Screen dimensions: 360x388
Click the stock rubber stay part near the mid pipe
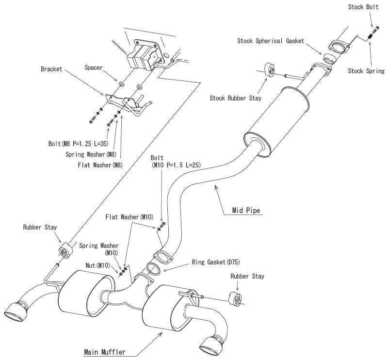tap(270, 69)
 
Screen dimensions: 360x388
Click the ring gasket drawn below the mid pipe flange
tap(153, 269)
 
